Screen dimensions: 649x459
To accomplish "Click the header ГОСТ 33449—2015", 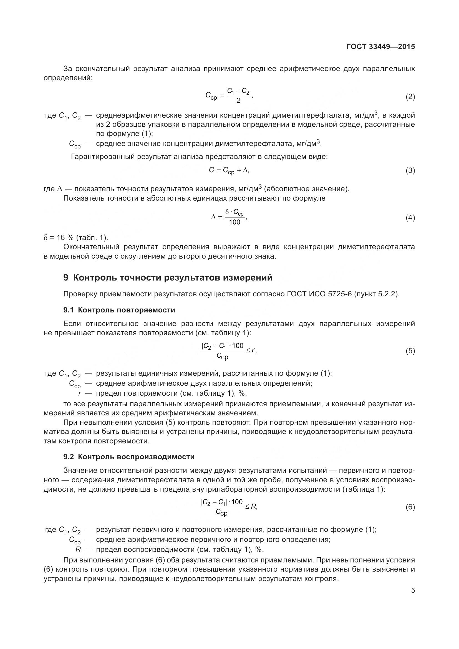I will (x=380, y=47).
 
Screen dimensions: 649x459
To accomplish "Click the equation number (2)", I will (x=410, y=97).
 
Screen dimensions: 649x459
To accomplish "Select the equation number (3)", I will (x=410, y=170).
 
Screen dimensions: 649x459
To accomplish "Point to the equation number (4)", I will (x=410, y=218).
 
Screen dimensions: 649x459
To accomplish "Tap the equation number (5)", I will (x=410, y=351).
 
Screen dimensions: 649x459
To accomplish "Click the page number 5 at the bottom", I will (x=413, y=590).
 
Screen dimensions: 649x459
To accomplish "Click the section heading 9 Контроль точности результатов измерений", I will (x=168, y=277).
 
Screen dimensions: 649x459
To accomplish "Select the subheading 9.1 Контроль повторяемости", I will (x=119, y=310).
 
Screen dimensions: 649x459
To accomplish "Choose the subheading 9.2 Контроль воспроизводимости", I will (x=129, y=457).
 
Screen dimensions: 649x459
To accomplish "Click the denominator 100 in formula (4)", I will (x=234, y=222).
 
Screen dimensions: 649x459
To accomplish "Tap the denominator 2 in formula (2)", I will (x=238, y=101).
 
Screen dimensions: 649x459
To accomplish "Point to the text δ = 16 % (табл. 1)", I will (x=76, y=237).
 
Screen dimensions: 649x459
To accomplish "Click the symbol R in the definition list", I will (x=78, y=549).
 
